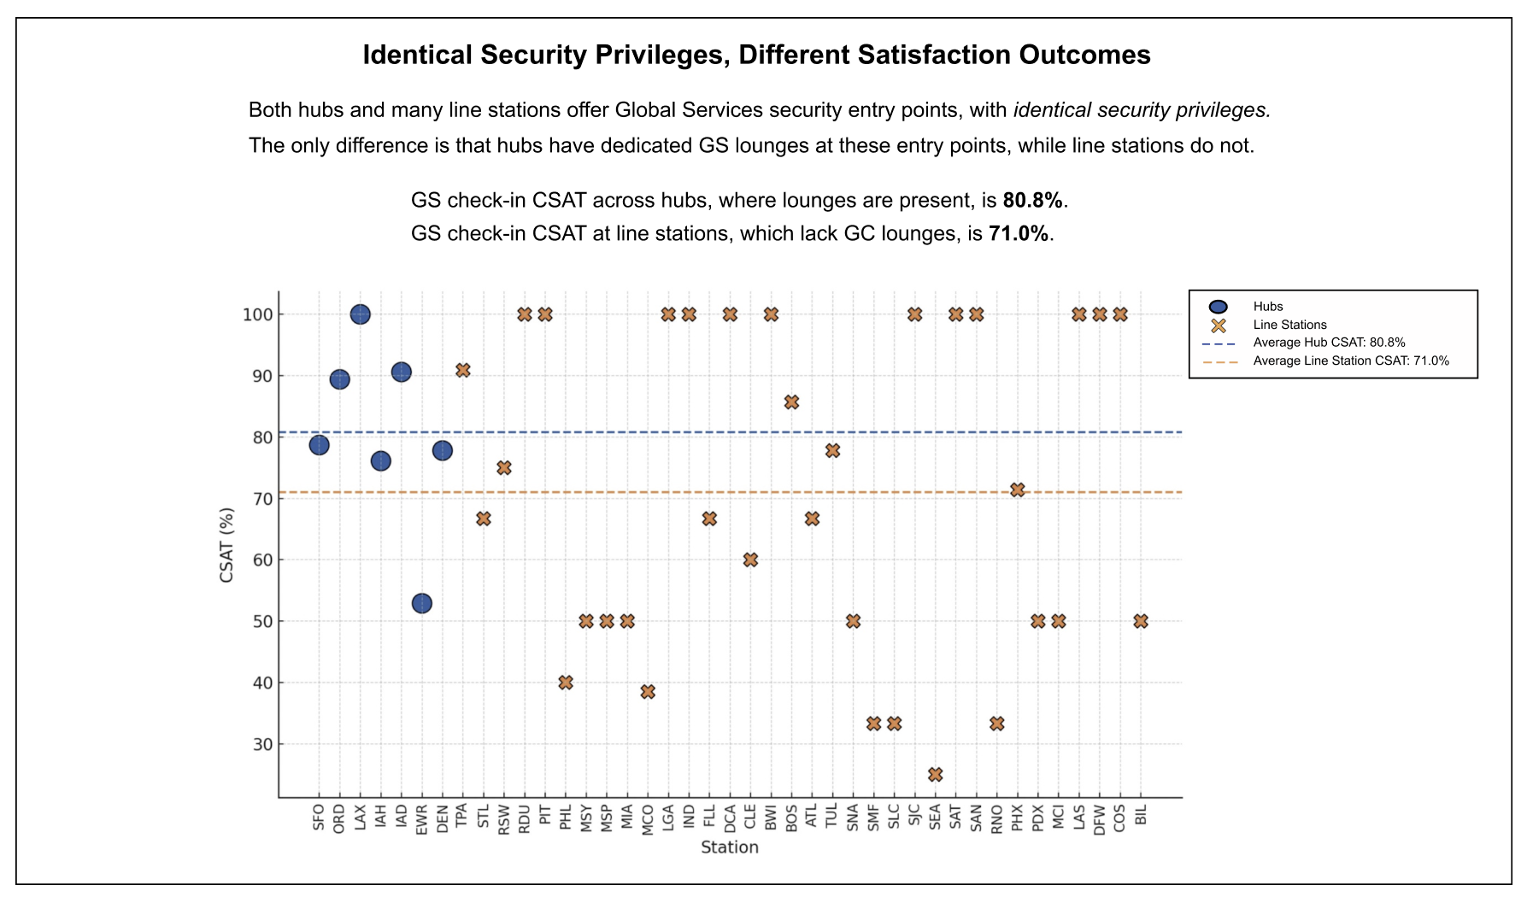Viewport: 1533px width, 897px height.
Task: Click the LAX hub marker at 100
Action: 360,314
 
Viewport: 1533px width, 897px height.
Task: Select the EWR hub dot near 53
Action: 421,603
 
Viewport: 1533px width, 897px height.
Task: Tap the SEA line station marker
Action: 935,774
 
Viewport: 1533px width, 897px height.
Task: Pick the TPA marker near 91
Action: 462,370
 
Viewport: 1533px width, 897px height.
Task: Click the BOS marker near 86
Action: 791,402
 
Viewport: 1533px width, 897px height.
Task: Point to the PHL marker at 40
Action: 566,683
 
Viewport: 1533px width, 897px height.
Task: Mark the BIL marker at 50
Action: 1141,621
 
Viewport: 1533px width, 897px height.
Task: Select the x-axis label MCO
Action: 648,819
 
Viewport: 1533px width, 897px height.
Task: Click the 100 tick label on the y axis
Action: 257,315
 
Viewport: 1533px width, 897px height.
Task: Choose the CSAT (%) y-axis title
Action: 226,545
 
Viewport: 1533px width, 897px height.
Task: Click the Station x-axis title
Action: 729,847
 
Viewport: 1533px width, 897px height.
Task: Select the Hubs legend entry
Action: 1268,307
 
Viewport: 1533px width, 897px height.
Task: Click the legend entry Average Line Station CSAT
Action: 1350,361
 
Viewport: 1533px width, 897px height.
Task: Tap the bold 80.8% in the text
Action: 1032,201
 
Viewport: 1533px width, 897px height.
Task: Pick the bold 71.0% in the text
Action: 1018,234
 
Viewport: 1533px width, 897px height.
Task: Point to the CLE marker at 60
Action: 750,560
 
